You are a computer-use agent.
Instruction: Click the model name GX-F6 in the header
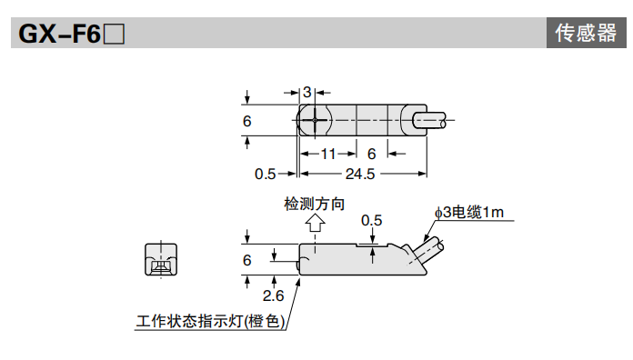point(59,35)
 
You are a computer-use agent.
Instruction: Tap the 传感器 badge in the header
point(585,34)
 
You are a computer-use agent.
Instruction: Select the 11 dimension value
point(327,155)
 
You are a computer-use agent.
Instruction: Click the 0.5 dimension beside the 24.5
point(265,174)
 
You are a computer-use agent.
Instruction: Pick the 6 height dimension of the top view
point(247,121)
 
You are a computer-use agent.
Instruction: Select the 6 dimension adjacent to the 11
point(371,155)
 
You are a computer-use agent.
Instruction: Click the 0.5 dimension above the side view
point(371,220)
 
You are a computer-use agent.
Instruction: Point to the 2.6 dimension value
point(273,295)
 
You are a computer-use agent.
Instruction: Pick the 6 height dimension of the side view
point(247,261)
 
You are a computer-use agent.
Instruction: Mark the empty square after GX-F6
point(114,35)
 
